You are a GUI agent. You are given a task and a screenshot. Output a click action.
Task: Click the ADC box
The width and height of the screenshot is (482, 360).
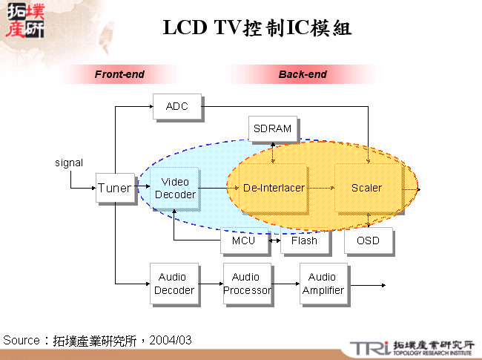pyautogui.click(x=176, y=106)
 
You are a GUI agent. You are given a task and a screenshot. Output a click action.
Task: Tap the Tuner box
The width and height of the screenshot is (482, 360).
pyautogui.click(x=114, y=189)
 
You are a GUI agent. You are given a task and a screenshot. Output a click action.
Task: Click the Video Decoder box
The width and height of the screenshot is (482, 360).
pyautogui.click(x=175, y=189)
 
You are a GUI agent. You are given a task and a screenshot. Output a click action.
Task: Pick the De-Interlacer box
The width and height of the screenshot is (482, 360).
pyautogui.click(x=274, y=188)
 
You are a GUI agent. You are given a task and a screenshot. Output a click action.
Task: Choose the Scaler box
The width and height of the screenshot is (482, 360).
pyautogui.click(x=366, y=188)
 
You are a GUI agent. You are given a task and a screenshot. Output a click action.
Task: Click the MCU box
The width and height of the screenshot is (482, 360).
pyautogui.click(x=243, y=240)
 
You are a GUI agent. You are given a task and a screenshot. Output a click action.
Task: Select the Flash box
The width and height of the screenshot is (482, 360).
pyautogui.click(x=304, y=240)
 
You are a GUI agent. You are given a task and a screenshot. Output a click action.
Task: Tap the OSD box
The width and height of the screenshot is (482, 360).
pyautogui.click(x=367, y=240)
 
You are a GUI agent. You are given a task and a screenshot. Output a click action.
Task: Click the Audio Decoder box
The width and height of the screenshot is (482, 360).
pyautogui.click(x=174, y=284)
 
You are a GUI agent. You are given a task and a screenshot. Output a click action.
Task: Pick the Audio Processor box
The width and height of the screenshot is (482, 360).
pyautogui.click(x=247, y=284)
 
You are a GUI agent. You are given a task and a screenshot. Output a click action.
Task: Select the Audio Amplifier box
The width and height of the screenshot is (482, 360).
pyautogui.click(x=323, y=284)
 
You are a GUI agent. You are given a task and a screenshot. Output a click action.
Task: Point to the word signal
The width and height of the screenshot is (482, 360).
pyautogui.click(x=69, y=163)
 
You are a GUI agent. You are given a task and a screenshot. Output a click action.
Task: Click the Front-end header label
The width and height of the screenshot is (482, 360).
pyautogui.click(x=119, y=74)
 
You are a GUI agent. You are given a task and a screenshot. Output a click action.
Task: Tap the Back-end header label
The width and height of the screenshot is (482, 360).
pyautogui.click(x=303, y=74)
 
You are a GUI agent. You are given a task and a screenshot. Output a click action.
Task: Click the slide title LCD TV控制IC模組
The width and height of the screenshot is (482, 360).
pyautogui.click(x=257, y=28)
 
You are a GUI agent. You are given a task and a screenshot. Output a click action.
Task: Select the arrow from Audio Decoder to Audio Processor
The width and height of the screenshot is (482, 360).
pyautogui.click(x=210, y=284)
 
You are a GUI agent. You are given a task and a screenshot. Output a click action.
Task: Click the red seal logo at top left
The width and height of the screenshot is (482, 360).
pyautogui.click(x=24, y=20)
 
